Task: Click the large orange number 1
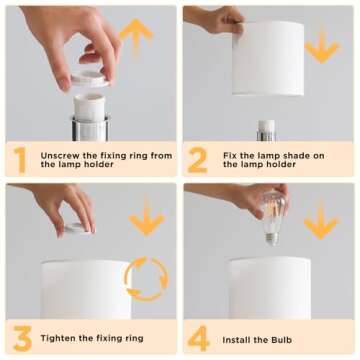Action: [x=21, y=160]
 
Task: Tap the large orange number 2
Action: [x=198, y=160]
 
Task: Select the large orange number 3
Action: [x=23, y=338]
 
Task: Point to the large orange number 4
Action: [x=199, y=338]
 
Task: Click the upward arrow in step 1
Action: [x=136, y=36]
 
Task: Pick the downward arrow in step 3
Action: [x=147, y=217]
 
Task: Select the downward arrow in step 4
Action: [x=321, y=221]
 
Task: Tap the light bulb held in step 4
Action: [x=273, y=217]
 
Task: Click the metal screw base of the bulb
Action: [x=273, y=239]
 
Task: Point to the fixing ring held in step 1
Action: [x=89, y=79]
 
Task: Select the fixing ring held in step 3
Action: [x=78, y=229]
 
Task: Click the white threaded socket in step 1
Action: [x=89, y=107]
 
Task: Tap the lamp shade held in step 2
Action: [x=268, y=58]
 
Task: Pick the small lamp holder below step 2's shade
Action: [x=266, y=131]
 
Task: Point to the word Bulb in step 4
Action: [x=281, y=340]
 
